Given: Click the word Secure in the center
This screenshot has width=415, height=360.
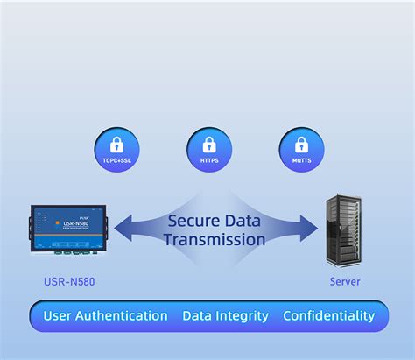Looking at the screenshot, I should tap(197, 221).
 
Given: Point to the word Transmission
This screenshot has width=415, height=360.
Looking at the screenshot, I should tap(216, 239).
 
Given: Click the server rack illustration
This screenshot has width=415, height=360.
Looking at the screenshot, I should tap(344, 229).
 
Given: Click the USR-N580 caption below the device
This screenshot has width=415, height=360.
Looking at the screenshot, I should tap(70, 282).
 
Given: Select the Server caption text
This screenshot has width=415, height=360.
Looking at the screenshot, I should tap(344, 282).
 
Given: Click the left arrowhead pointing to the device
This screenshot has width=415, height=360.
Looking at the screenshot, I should tap(123, 229).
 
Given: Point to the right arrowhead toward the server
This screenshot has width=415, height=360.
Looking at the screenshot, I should tap(309, 229).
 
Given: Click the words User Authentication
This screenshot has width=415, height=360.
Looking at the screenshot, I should tap(105, 316).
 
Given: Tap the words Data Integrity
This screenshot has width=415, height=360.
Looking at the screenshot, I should tap(225, 316).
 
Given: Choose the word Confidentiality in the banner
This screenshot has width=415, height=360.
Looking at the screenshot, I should tap(328, 316).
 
